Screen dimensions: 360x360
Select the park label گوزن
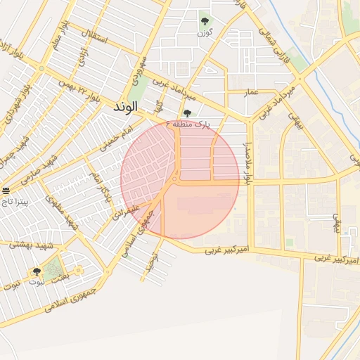point(205,33)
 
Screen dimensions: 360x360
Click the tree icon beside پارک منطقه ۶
point(186,113)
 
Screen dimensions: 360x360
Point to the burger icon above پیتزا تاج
point(6,191)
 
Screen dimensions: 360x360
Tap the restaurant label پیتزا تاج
point(15,201)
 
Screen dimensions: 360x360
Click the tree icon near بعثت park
point(37,271)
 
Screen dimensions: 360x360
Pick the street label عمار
point(252,92)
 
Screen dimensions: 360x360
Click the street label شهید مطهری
point(61,212)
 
